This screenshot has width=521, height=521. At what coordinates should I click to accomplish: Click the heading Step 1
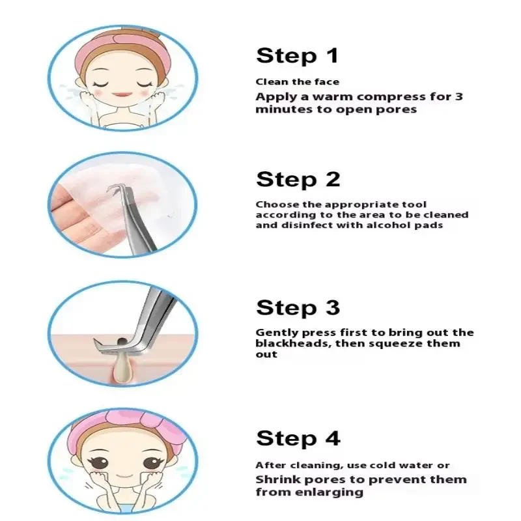tap(298, 56)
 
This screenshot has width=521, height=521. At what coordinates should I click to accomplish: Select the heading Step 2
tap(298, 179)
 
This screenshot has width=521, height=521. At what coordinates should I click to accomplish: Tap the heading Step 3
tap(298, 307)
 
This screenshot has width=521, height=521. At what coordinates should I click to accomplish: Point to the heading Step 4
tap(298, 438)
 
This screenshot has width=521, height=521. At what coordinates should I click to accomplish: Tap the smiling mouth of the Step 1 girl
tap(122, 94)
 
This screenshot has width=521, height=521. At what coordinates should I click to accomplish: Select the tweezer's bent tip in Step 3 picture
tap(104, 344)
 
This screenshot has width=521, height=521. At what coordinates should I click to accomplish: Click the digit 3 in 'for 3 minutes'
tap(459, 97)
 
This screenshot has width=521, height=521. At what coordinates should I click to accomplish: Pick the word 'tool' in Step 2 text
tap(414, 204)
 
